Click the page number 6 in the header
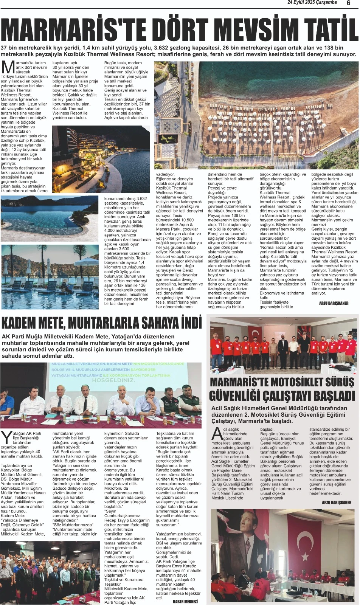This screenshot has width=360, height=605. (348, 3)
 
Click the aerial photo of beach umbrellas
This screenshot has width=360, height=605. (256, 115)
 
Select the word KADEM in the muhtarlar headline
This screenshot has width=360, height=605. (22, 323)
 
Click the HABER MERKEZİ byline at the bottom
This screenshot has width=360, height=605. (185, 601)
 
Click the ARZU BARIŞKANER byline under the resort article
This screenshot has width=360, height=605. (334, 303)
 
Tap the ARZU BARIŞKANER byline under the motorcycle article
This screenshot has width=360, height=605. (337, 503)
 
